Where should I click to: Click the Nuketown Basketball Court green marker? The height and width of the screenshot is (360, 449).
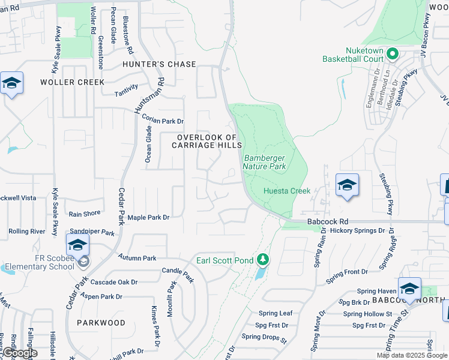(393, 55)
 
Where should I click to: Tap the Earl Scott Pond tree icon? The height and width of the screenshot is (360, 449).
(262, 260)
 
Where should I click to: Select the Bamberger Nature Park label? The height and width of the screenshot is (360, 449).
(264, 162)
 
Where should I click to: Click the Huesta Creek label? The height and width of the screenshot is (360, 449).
(287, 191)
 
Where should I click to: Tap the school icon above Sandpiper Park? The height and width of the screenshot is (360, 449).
(77, 245)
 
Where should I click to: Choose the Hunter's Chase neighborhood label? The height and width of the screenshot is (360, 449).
(159, 64)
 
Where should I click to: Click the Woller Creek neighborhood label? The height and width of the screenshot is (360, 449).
(72, 82)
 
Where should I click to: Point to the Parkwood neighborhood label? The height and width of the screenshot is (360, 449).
(101, 323)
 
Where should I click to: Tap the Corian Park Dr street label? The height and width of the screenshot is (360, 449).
(163, 120)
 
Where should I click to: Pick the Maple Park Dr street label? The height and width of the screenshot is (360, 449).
(149, 217)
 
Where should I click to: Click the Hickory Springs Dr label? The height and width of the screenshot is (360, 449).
(357, 230)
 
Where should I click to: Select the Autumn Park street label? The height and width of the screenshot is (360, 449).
(137, 258)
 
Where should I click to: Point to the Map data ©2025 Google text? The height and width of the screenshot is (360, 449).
(411, 355)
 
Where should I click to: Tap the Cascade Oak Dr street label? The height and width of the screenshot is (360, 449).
(114, 282)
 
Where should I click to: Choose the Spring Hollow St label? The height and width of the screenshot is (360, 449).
(367, 314)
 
